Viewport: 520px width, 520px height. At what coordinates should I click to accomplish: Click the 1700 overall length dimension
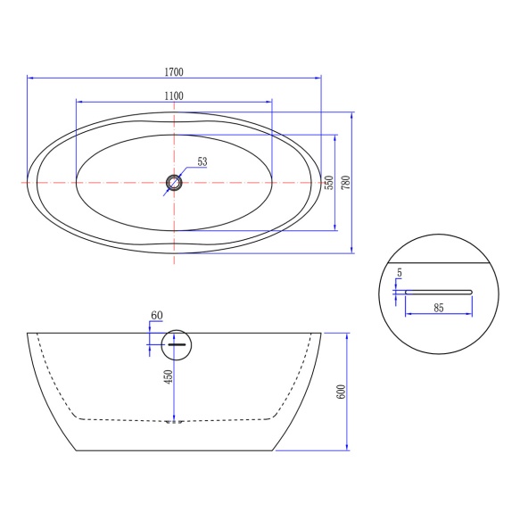174,70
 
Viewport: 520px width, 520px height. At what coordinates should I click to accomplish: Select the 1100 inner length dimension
174,95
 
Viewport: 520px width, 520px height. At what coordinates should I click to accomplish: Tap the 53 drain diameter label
202,161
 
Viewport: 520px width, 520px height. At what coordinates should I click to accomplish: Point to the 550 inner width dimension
329,183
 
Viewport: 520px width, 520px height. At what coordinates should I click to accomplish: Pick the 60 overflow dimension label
157,316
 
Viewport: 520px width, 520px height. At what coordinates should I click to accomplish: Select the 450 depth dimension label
167,377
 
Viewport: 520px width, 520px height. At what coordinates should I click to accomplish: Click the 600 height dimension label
339,392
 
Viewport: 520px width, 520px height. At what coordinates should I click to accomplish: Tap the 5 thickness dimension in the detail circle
400,273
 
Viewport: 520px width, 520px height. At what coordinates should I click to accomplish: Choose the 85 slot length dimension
438,308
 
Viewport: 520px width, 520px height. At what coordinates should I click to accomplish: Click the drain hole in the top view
174,183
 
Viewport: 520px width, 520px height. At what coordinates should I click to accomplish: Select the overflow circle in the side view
177,343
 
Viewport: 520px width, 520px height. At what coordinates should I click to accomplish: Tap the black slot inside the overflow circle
177,343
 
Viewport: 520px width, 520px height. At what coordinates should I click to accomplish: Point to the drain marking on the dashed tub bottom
174,421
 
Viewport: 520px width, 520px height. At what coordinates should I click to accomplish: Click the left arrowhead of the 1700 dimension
30,78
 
